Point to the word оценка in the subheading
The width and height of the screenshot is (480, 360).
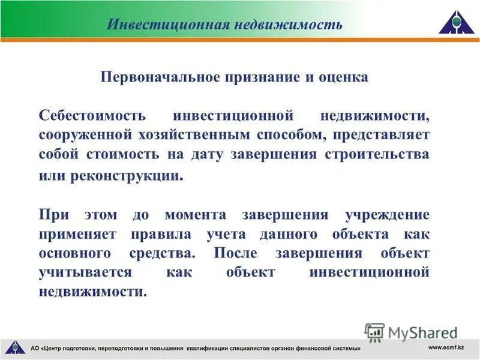pyautogui.click(x=344, y=78)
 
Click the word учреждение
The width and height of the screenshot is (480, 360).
pyautogui.click(x=387, y=214)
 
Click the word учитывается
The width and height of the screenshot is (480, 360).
pyautogui.click(x=85, y=273)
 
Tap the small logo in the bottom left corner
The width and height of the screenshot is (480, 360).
pyautogui.click(x=14, y=347)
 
